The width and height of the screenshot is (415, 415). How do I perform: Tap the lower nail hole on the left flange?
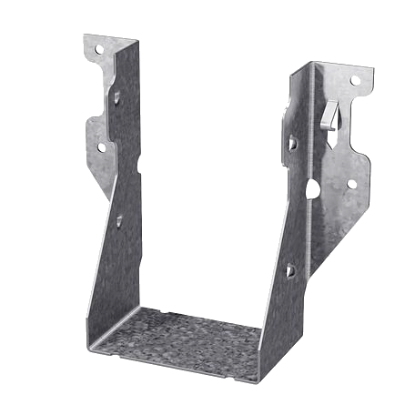point(101,146)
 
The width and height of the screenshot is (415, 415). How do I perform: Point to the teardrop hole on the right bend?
point(312,188)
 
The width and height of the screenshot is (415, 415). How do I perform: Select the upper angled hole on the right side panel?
point(292,142)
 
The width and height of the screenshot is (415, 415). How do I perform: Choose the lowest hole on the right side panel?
point(288,270)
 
